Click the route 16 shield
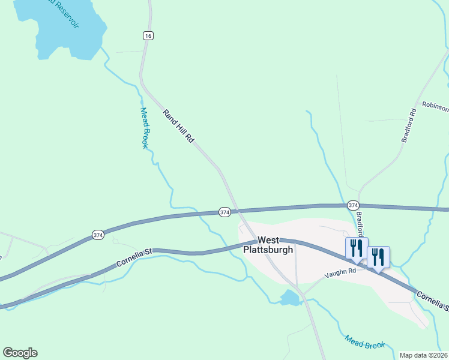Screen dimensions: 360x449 pos(148,36)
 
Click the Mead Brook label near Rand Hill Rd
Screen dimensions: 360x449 pos(144,128)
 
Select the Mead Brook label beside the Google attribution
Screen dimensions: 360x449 pos(364,342)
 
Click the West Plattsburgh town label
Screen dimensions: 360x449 pos(268,244)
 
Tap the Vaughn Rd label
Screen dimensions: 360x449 pos(340,271)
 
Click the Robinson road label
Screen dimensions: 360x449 pos(435,106)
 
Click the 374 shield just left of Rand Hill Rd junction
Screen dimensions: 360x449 pos(224,212)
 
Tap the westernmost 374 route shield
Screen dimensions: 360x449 pos(98,235)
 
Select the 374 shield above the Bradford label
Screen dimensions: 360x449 pos(353,205)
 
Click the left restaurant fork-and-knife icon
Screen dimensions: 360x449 pos(356,248)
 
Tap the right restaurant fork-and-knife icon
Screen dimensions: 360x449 pos(378,256)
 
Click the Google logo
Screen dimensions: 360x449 pos(20,353)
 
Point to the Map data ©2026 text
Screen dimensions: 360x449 pos(424,355)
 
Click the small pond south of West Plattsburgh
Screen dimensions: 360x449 pos(289,298)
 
